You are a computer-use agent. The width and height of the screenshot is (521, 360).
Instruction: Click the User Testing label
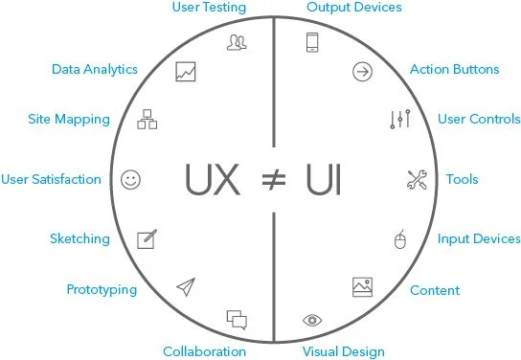coord(209,8)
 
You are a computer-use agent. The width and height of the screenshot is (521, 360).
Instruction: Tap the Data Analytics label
coord(95,69)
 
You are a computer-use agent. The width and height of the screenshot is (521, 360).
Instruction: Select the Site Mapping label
coord(69,120)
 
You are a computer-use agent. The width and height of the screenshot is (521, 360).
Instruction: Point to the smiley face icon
coord(131,179)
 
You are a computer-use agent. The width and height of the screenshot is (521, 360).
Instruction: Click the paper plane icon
coord(185,286)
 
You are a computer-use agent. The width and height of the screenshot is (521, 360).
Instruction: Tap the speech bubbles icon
coord(237,319)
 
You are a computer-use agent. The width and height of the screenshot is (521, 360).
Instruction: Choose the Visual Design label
coord(344,351)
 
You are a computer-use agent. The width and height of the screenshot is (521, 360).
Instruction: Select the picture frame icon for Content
coord(362,285)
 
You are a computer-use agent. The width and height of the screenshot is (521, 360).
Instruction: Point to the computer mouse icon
coord(400,239)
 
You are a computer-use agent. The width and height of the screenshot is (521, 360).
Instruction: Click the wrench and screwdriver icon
coord(417,179)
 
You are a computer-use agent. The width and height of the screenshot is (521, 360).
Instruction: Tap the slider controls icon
coord(400,120)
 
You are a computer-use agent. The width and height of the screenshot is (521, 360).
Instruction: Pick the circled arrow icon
coord(362,72)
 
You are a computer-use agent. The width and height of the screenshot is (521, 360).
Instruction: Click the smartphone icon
coord(312,42)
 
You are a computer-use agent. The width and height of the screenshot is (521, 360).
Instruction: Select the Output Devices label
coord(353,8)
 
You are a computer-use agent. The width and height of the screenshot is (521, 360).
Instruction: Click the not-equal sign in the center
coord(273,179)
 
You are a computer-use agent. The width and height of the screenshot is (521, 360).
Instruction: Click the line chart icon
coord(186,72)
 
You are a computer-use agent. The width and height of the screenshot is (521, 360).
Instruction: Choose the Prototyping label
coord(102,289)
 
